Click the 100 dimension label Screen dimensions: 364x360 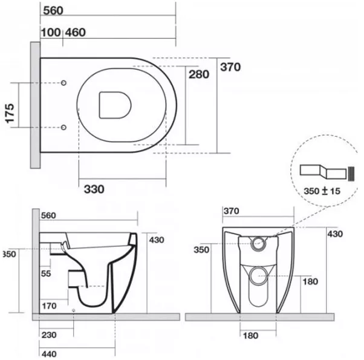(x=51, y=32)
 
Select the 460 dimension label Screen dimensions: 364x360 (x=76, y=32)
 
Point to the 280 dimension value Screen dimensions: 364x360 (x=199, y=74)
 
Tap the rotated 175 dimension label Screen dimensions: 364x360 (x=10, y=113)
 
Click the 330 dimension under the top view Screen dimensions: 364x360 (x=94, y=189)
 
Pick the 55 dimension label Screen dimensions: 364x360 (x=46, y=273)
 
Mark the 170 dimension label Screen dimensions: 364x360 (x=49, y=306)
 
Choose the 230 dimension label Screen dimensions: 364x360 (x=49, y=335)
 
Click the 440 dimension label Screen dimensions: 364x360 (x=49, y=354)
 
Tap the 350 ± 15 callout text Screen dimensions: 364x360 (x=322, y=191)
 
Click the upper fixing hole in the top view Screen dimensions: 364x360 (x=63, y=83)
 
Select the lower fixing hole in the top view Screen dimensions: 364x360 (x=63, y=127)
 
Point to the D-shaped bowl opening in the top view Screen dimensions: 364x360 (x=115, y=105)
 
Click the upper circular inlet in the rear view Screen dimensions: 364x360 (x=258, y=244)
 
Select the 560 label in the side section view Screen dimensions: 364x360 (x=48, y=215)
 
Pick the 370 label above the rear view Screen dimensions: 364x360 (x=232, y=211)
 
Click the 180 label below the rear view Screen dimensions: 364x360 (x=250, y=336)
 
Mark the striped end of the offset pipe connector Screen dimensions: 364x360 (x=351, y=174)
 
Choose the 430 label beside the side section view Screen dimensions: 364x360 (x=157, y=240)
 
